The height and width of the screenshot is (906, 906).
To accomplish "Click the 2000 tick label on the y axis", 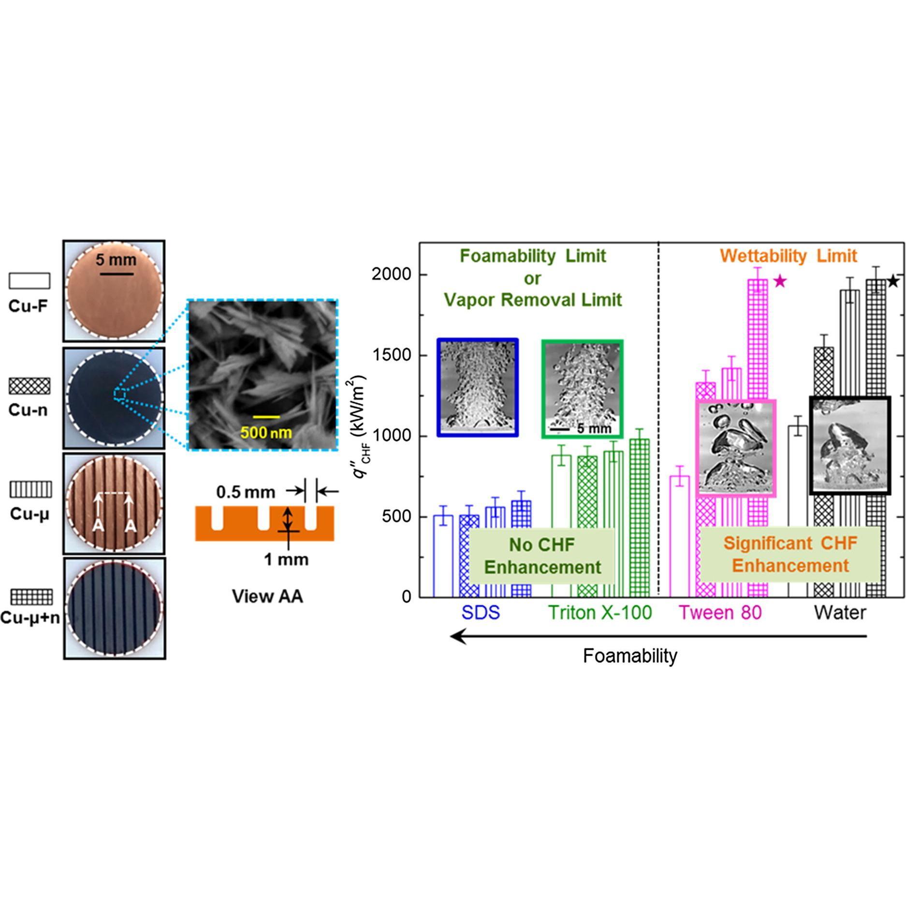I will tap(391, 275).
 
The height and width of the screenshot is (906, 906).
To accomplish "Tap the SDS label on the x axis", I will tap(480, 613).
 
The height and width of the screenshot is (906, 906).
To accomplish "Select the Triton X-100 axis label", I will tap(599, 613).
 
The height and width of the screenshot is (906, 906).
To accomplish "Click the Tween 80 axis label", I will tap(720, 613).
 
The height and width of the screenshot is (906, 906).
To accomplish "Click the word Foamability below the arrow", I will tap(630, 656).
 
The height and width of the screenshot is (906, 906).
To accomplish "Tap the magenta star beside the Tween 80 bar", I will tap(780, 281).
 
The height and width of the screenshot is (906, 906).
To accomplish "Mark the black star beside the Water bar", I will tap(893, 281).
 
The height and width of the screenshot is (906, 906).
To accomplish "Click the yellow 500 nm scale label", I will tap(266, 432).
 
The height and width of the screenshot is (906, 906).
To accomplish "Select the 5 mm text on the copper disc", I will tap(116, 260).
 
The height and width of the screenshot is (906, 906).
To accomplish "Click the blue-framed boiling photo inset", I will tap(478, 388).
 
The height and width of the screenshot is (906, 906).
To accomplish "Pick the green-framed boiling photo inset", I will tap(583, 389).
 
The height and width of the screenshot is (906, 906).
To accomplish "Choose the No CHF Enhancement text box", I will tap(542, 556).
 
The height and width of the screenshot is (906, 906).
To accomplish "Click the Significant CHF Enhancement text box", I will tap(790, 555).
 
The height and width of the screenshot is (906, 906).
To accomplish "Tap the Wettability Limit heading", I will tap(788, 256).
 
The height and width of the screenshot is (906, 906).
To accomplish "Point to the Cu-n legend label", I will tap(28, 410).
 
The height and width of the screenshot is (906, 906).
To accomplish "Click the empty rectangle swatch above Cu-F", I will tap(29, 280).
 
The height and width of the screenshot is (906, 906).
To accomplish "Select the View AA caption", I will tap(267, 597).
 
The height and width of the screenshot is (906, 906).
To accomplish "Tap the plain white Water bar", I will tap(797, 512).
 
